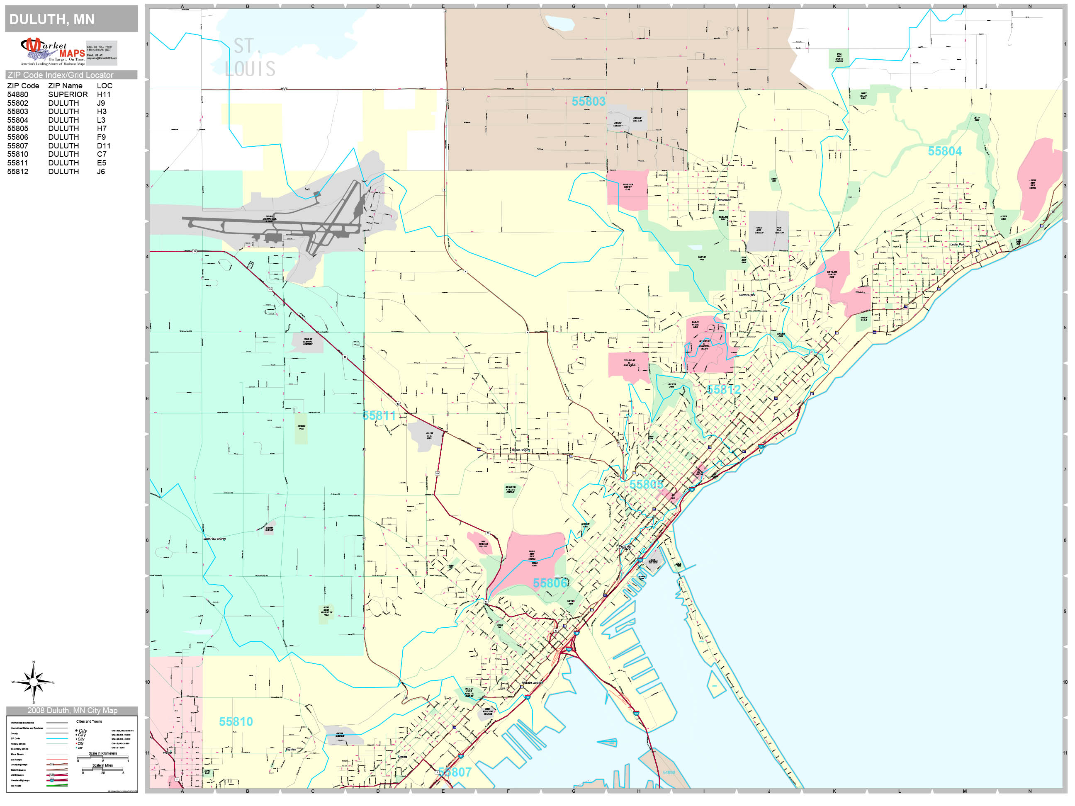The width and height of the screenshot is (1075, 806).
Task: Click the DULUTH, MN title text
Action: (x=52, y=19)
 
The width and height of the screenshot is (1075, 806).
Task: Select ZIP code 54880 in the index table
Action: (x=17, y=95)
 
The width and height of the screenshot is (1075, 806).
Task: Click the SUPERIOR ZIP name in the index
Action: (x=68, y=95)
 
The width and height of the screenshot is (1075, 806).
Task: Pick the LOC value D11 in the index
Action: (x=104, y=146)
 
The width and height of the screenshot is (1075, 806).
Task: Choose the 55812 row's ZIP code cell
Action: (x=17, y=172)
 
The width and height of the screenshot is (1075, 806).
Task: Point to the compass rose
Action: (x=33, y=682)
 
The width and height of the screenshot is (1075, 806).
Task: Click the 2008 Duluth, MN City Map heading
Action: (x=72, y=710)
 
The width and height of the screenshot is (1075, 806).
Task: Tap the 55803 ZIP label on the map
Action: (x=588, y=102)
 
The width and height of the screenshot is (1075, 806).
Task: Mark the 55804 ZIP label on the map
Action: (x=944, y=151)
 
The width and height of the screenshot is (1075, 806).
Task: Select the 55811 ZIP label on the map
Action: (x=379, y=416)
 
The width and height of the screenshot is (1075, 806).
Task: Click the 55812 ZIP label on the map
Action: (x=723, y=390)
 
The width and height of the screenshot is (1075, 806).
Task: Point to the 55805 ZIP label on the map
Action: (x=646, y=484)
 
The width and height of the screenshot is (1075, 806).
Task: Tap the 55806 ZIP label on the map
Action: (x=550, y=583)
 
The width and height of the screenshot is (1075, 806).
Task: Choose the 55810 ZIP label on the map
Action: (x=236, y=721)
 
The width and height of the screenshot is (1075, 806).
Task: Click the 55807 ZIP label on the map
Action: (x=455, y=772)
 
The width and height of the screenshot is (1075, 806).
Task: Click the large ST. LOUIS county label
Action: (x=250, y=58)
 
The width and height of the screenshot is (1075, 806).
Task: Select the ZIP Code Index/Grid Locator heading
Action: (x=61, y=75)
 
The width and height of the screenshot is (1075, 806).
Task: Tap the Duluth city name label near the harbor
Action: (x=625, y=547)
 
